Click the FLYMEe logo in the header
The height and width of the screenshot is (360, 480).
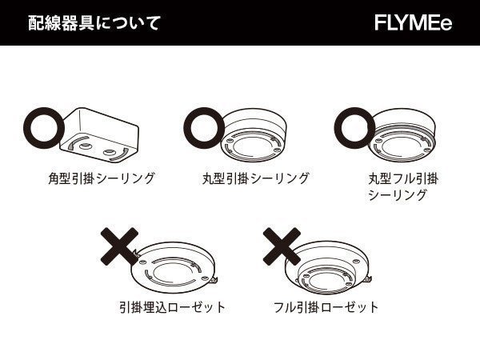click(x=412, y=22)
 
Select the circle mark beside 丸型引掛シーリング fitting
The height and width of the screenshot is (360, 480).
click(x=207, y=126)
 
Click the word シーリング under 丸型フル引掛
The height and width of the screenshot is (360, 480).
click(x=397, y=194)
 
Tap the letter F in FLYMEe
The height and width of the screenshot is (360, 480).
click(x=380, y=22)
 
